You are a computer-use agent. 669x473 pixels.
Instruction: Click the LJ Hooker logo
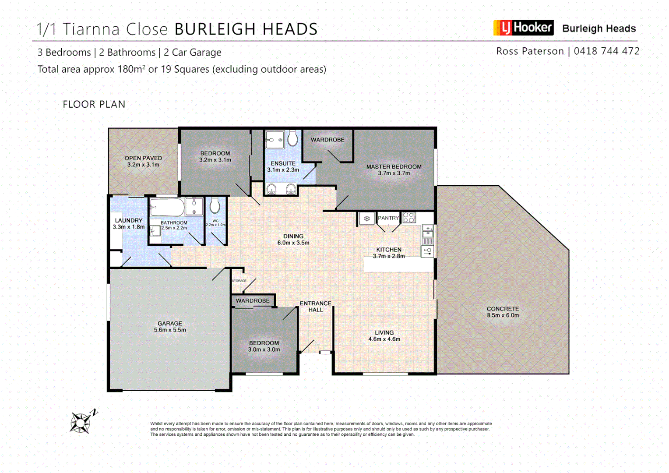coord(523,28)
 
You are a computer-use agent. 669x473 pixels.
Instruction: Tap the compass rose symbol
coord(81,423)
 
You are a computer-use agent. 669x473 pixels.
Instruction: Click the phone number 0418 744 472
coord(606,51)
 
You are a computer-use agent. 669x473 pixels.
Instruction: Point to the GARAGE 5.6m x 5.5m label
coord(170,326)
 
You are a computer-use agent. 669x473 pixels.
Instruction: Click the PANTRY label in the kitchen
coord(388,218)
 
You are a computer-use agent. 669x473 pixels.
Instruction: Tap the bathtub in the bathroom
coord(167,207)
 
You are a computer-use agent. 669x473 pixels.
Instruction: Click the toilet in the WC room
coord(215,205)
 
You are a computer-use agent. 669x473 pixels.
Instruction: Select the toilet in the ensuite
coord(292,138)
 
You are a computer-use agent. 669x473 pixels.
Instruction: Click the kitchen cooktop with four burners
coord(409,217)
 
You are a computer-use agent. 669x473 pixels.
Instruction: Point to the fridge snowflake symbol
coord(367,218)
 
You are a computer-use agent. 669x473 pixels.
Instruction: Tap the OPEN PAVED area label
coord(143,161)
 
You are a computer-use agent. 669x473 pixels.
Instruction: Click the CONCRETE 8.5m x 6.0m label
coord(503,312)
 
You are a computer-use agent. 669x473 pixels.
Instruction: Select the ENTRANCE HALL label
coord(315,306)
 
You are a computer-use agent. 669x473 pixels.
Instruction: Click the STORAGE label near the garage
coord(239,280)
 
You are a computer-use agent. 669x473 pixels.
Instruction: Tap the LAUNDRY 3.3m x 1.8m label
coord(128,223)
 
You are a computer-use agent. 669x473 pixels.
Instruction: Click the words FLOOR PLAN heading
coord(94,104)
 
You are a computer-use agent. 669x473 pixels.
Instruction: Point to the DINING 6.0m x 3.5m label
coord(293,239)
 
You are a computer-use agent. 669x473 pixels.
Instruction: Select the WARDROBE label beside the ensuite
coord(327,140)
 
